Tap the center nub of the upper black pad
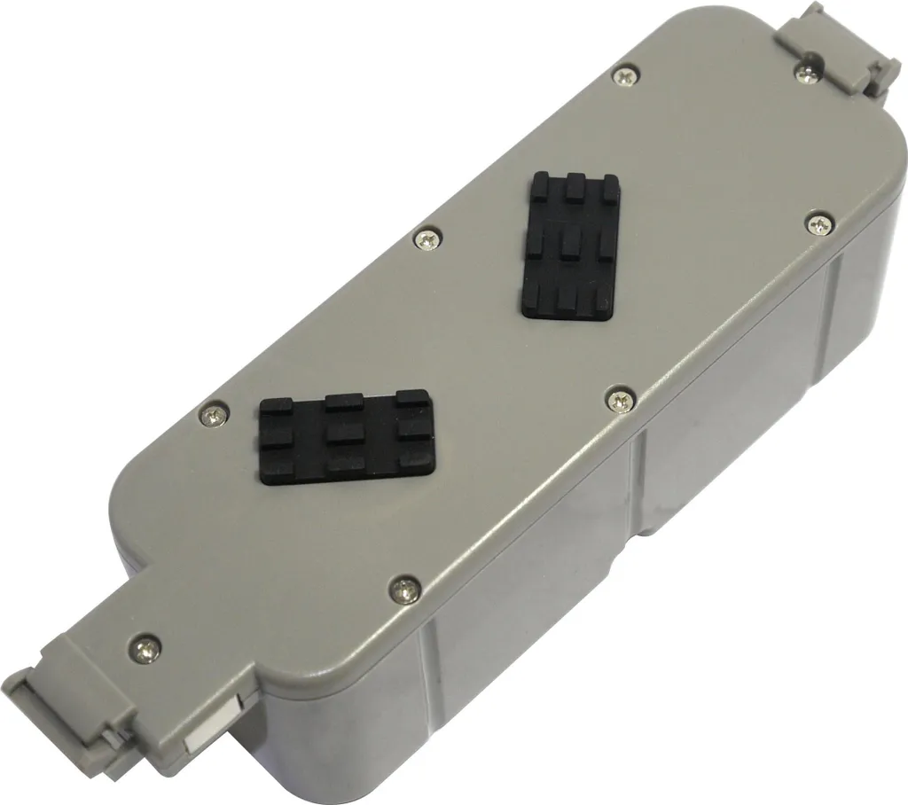coord(570,242)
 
